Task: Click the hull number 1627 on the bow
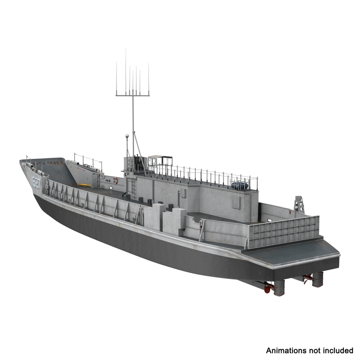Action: tap(36, 183)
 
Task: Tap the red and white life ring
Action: tap(116, 180)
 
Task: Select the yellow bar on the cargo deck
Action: tap(84, 184)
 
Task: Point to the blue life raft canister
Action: tap(239, 184)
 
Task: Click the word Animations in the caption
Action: tap(287, 350)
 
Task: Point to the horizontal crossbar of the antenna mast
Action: tap(133, 94)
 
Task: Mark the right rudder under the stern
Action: tap(318, 279)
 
